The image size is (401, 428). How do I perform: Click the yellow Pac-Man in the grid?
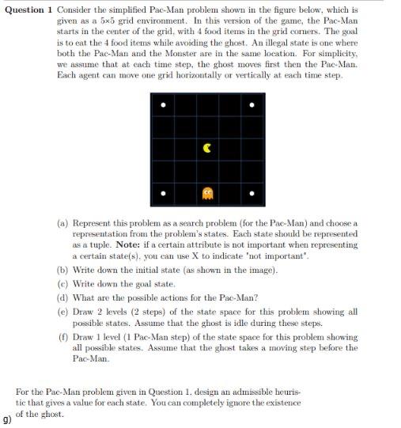click(208, 147)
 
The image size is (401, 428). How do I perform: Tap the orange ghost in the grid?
click(208, 192)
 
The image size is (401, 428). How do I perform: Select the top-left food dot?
click(164, 104)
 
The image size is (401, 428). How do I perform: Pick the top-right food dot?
click(252, 104)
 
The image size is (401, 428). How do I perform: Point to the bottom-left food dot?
click(164, 192)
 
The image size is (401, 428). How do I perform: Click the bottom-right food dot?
click(252, 192)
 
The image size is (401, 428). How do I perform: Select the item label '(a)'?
click(63, 224)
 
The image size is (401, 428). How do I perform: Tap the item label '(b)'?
click(63, 270)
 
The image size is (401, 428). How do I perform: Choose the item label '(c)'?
click(63, 283)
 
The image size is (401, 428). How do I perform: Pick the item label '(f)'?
click(63, 337)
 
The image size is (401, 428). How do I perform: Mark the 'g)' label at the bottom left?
click(7, 418)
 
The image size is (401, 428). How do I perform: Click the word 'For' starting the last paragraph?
click(22, 392)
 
